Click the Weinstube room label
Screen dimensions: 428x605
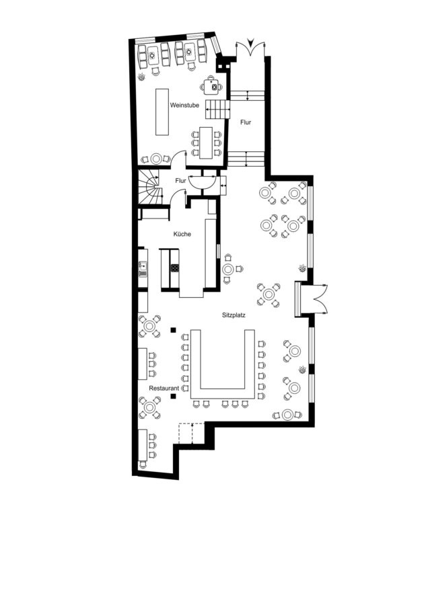(184, 105)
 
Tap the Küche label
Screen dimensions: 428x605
(182, 234)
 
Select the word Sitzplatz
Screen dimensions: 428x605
(234, 315)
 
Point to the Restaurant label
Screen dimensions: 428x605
(164, 388)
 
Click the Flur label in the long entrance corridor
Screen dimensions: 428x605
(246, 122)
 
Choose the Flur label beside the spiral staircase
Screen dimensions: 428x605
(180, 181)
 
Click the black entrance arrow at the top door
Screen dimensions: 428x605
(251, 42)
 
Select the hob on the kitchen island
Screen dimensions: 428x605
(175, 268)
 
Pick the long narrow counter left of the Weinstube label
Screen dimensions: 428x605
(162, 112)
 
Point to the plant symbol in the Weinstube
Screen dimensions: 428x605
(142, 77)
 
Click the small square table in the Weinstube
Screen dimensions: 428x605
(211, 87)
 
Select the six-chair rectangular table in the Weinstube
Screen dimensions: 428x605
(207, 143)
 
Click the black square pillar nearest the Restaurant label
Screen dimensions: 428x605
(174, 396)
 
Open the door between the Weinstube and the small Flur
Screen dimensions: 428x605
(178, 159)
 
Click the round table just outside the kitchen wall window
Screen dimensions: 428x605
(228, 269)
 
